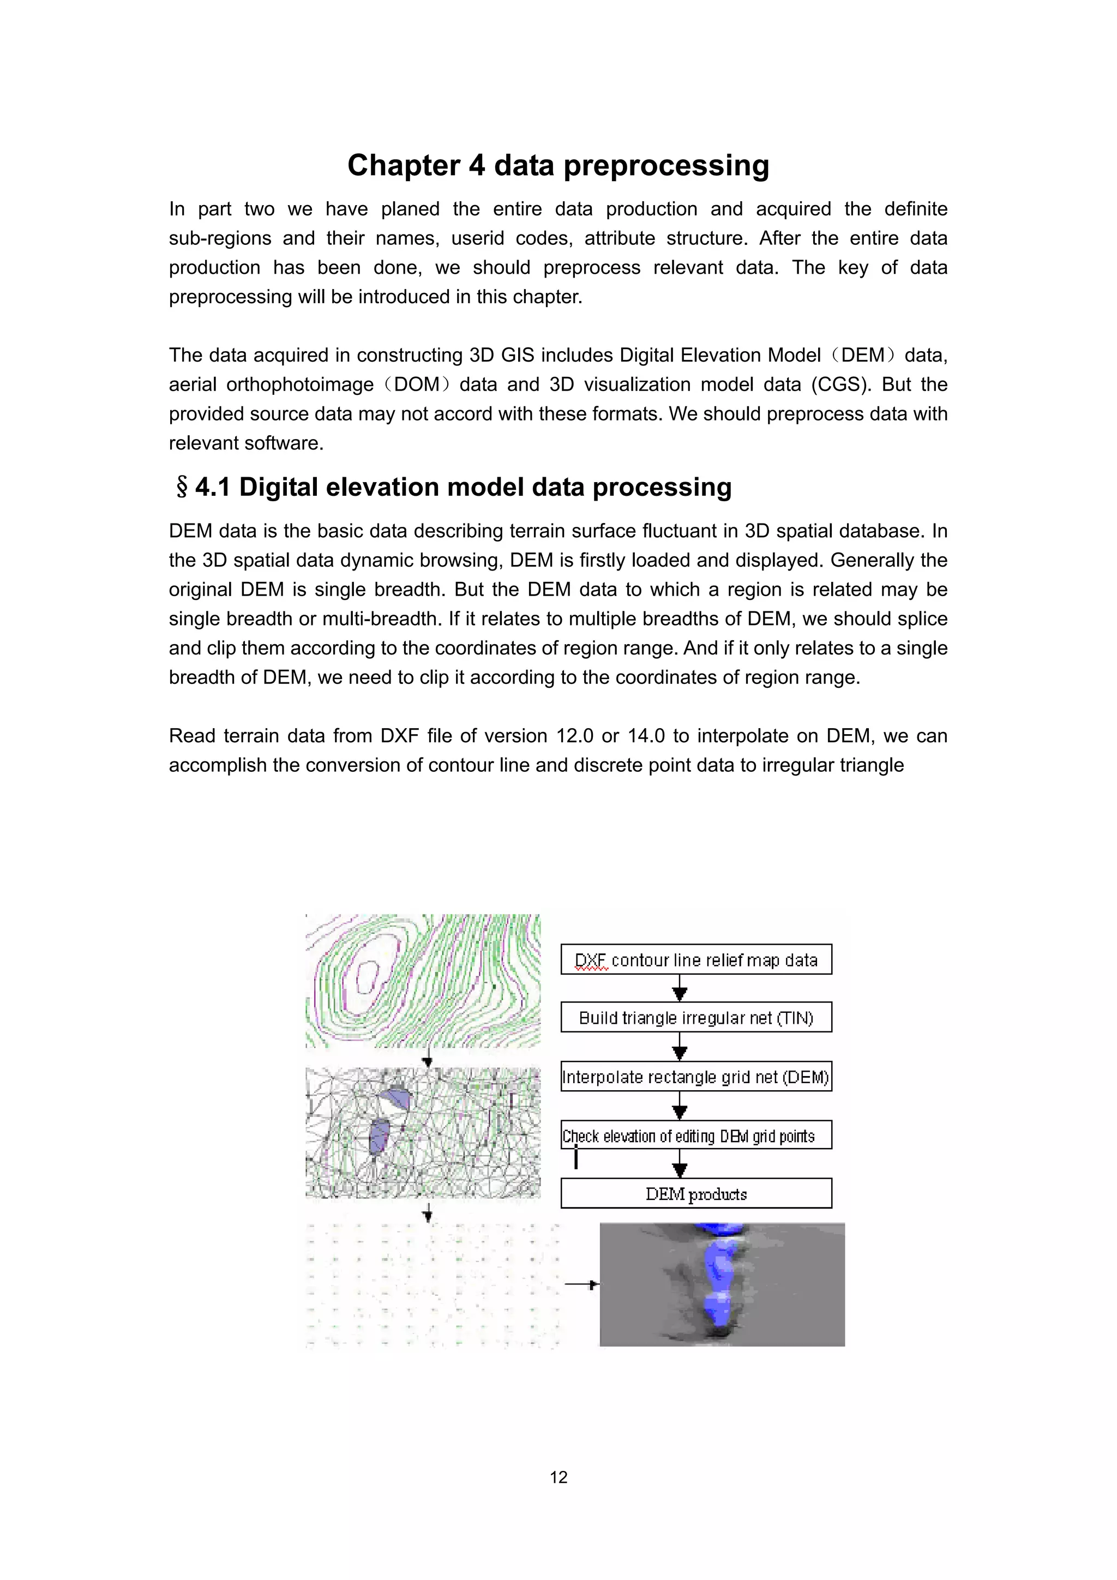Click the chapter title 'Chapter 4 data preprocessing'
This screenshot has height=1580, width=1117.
coord(558,165)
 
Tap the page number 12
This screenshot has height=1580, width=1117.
coord(558,1477)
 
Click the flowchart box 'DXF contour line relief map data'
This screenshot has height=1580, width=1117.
coord(696,959)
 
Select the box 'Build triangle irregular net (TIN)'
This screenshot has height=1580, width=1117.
coord(696,1017)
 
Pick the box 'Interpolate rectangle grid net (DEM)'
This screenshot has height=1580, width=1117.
coord(696,1076)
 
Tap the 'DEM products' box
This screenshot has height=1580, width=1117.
coord(696,1193)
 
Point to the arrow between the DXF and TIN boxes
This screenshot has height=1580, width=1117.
coord(679,989)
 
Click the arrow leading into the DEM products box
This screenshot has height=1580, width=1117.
coord(679,1166)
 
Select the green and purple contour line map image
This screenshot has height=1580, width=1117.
coord(423,981)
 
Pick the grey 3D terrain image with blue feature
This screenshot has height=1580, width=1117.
coord(722,1284)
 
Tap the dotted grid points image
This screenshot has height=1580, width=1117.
coord(432,1284)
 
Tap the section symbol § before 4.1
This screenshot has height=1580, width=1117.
coord(182,487)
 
